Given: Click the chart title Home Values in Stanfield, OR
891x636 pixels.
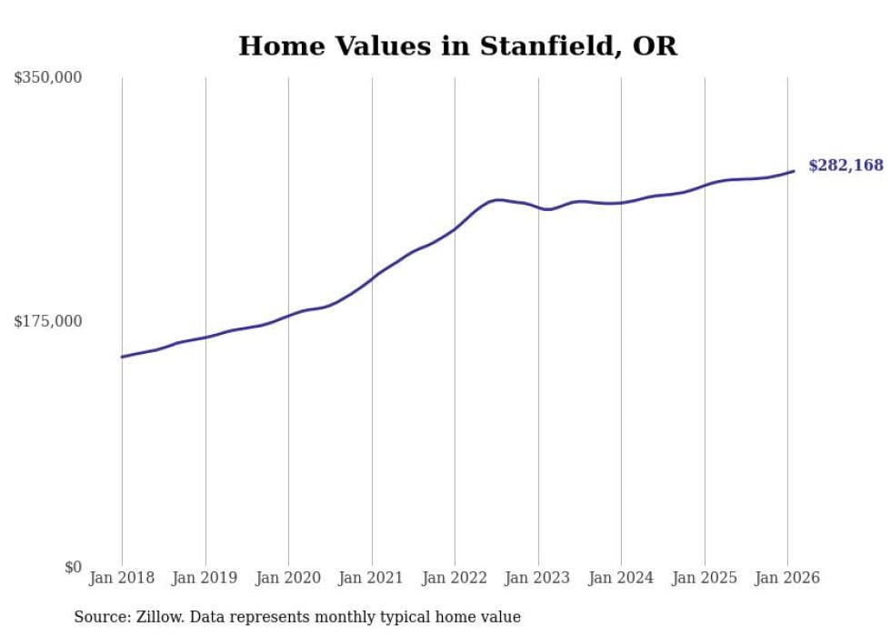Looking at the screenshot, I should [x=457, y=46].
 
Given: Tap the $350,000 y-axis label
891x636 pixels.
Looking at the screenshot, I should [x=47, y=78].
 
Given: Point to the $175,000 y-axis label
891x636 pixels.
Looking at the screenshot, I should [x=47, y=321].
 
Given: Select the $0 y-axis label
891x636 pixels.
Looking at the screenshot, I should [x=73, y=567].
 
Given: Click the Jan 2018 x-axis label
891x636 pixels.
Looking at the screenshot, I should [x=122, y=579].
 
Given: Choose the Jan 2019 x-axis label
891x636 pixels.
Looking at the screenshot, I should [x=205, y=579].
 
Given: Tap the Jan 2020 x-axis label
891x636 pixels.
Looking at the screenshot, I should [x=288, y=579].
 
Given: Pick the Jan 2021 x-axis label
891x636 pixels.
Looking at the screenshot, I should [x=372, y=579].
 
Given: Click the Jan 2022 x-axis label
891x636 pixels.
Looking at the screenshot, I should [x=455, y=579].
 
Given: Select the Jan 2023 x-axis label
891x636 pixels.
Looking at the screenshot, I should [x=538, y=579].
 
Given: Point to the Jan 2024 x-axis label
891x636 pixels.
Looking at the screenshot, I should [x=621, y=579].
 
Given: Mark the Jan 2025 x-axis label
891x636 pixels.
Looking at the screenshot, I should [x=705, y=579].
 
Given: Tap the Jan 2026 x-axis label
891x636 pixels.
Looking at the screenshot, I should [x=787, y=579].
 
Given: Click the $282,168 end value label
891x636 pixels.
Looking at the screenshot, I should [x=846, y=166].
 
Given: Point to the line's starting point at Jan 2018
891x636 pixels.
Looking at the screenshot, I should [x=122, y=357].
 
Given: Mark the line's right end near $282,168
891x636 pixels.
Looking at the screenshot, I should [x=794, y=171].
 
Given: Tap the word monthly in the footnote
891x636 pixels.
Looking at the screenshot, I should [x=358, y=618].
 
